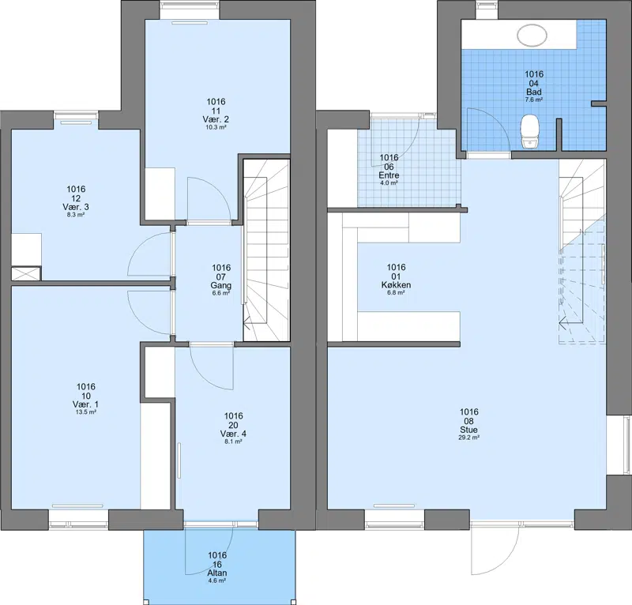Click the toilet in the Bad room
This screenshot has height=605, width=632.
point(529,131)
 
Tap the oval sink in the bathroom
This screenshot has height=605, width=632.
point(532,35)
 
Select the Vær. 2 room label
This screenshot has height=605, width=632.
point(216,119)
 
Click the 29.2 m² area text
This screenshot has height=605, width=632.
point(468,438)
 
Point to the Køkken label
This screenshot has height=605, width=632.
point(396,285)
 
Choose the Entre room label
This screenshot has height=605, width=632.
point(389,175)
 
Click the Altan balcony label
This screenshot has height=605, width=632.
point(216,573)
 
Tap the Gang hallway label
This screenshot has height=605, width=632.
point(221,285)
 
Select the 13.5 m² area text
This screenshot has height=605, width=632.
point(86,412)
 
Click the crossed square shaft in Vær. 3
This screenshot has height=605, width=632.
point(26,274)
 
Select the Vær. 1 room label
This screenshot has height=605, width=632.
point(85,404)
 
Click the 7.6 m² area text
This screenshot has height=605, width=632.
point(534,100)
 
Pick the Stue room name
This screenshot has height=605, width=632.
point(468,430)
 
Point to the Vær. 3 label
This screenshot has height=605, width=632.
point(76,207)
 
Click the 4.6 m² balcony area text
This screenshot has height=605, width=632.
point(216,581)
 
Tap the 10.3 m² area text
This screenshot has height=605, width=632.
point(216,127)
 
